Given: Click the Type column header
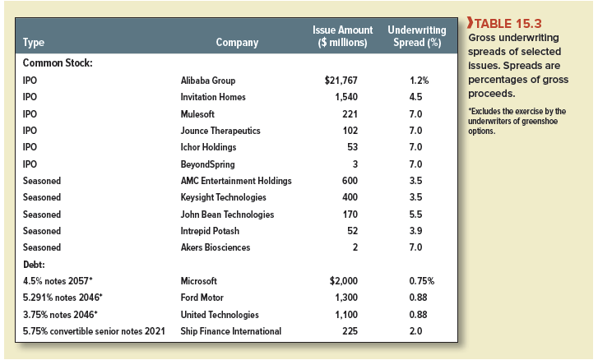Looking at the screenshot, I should (34, 42).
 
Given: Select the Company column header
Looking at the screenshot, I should (236, 42).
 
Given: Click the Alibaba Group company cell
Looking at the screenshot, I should (207, 81).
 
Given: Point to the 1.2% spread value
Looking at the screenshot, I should (418, 81).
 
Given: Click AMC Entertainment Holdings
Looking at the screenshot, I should (235, 181).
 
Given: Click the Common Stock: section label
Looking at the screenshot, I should (56, 63).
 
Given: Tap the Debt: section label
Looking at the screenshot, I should (35, 265).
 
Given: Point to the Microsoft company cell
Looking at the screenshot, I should (199, 281).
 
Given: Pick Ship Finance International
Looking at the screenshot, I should (230, 331).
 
